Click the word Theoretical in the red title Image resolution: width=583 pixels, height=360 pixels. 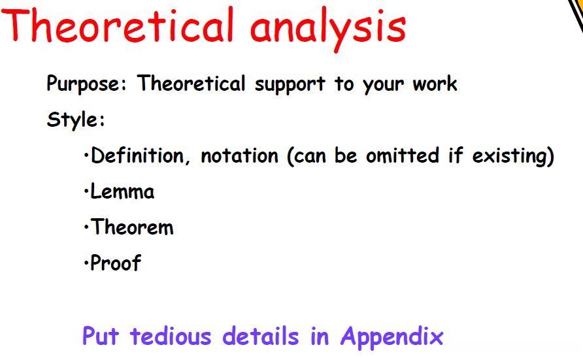118,25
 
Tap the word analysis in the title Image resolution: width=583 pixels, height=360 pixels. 328,29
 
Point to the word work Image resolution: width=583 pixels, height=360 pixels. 435,84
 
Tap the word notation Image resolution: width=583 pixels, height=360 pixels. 239,156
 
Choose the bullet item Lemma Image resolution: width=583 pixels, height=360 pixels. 122,191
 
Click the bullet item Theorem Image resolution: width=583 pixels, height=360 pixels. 132,227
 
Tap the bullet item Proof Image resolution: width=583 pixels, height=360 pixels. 116,263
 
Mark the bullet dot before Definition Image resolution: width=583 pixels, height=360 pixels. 86,156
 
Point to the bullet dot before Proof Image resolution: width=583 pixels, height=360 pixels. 86,264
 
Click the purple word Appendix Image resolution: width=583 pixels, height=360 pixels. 392,337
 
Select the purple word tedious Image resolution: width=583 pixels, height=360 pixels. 171,336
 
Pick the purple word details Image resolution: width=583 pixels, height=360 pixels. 261,336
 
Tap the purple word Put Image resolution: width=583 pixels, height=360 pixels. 101,336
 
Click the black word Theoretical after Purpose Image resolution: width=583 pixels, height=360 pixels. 191,83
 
